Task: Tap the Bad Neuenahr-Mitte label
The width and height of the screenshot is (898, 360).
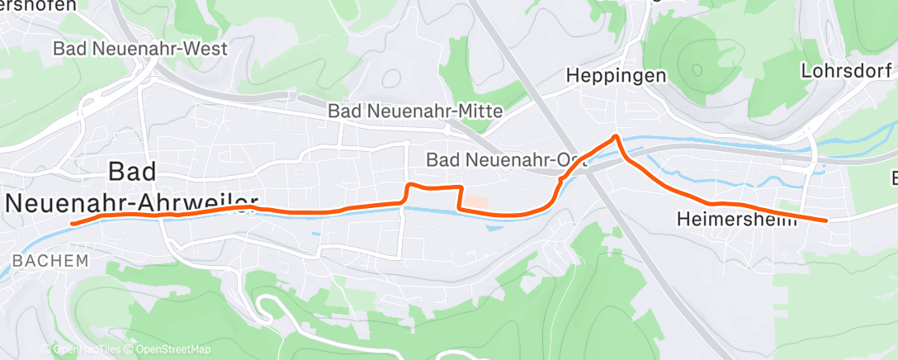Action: tap(414, 110)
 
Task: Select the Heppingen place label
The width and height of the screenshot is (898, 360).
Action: tap(616, 76)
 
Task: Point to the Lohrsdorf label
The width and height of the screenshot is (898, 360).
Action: tap(847, 71)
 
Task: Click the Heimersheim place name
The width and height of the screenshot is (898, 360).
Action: tap(736, 220)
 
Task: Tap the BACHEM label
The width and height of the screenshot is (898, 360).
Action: tap(50, 261)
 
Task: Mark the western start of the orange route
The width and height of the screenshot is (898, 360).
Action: tap(73, 223)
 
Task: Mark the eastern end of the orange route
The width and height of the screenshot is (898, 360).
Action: tap(825, 220)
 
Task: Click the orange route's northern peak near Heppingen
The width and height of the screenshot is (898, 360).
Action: tap(615, 136)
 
